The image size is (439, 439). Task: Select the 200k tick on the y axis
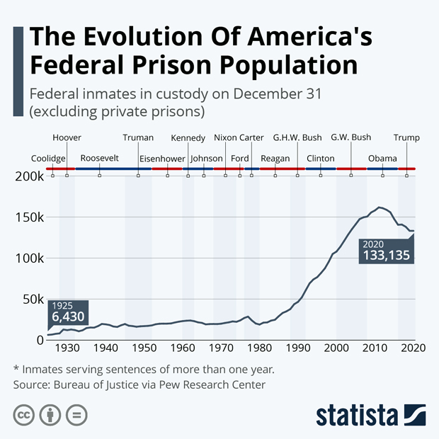pos(30,176)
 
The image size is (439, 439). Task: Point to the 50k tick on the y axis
pos(33,300)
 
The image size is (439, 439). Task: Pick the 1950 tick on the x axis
pos(144,348)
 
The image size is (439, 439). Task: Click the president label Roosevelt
pos(100,158)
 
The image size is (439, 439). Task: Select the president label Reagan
pos(275,158)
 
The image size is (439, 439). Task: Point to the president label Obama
pos(382,158)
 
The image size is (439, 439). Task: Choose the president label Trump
pos(406,137)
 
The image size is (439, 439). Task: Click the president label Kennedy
pos(188,137)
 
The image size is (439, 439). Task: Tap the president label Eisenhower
pos(162,158)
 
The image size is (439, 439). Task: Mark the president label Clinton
pos(321,158)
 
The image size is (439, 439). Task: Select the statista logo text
pos(358,414)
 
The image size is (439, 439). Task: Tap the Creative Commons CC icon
pos(24,414)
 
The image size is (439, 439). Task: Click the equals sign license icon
pos(76,414)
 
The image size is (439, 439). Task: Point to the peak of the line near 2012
pos(380,207)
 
